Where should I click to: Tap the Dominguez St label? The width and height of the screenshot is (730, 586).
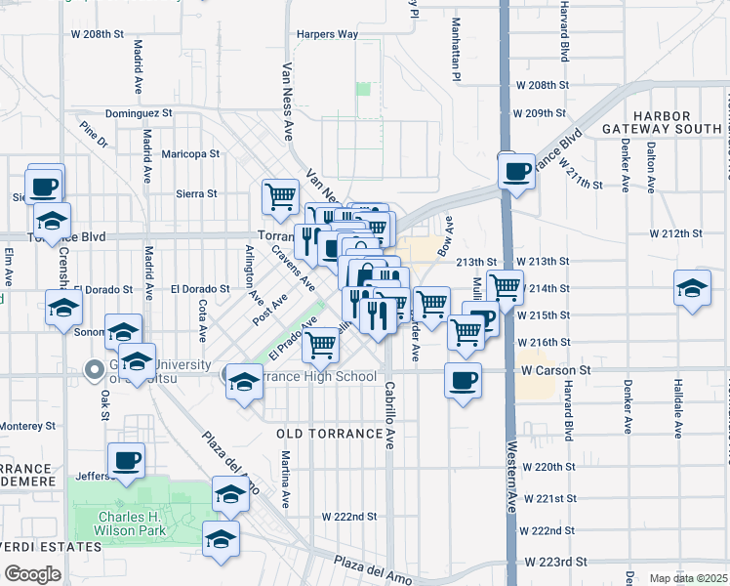(x=139, y=113)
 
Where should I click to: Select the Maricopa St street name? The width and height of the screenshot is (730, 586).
(x=190, y=153)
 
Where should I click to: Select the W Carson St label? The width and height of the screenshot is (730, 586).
(x=557, y=371)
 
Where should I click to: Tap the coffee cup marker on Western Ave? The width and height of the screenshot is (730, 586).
(x=516, y=172)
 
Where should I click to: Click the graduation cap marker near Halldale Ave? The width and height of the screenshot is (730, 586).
(x=692, y=288)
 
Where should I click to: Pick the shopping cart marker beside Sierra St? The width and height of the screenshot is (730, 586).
(x=280, y=195)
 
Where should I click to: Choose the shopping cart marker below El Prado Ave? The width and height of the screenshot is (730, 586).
(x=320, y=344)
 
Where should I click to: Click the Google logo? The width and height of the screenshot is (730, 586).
(x=32, y=573)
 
